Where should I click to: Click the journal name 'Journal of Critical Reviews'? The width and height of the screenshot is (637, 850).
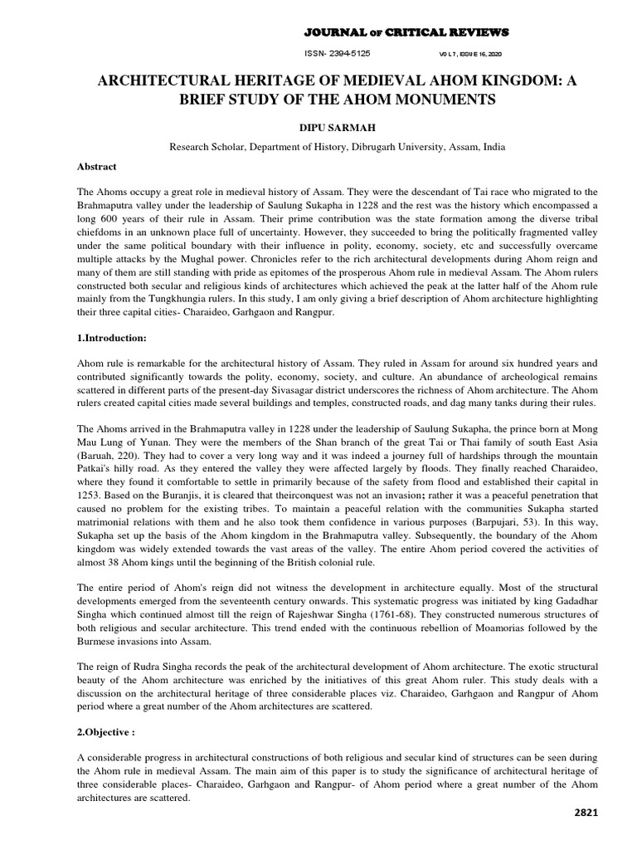coord(406,32)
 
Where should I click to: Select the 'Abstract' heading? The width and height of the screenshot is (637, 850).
coord(97,166)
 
